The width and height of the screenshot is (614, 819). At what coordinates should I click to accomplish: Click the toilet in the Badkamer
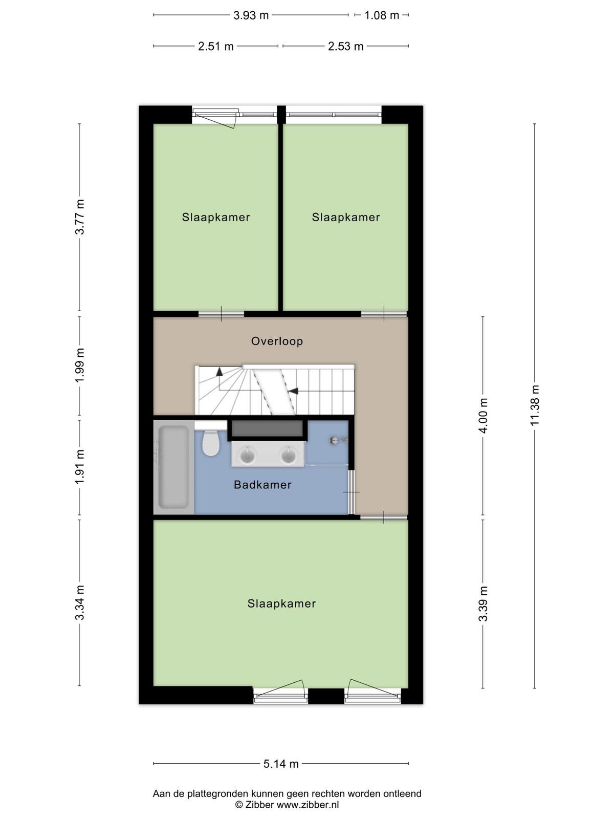(211, 442)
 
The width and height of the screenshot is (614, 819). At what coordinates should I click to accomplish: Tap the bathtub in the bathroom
(173, 467)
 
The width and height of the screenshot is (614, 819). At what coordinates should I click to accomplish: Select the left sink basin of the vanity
(247, 455)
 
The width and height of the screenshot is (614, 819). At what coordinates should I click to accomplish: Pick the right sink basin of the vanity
(288, 455)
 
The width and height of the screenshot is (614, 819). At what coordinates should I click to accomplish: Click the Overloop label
(277, 341)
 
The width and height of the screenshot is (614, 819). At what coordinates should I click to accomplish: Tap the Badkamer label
(262, 485)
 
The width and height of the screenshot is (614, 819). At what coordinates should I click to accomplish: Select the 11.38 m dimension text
(535, 405)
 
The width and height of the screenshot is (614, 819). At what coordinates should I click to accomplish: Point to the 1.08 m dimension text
(382, 15)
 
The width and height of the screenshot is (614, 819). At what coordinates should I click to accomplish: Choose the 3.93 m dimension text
(251, 15)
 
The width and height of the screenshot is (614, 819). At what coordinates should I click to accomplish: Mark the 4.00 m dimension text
(483, 416)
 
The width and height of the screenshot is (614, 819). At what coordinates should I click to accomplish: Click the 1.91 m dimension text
(80, 467)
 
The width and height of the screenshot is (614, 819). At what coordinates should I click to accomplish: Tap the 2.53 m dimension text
(345, 46)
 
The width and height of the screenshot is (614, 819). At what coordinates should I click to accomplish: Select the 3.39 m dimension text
(483, 604)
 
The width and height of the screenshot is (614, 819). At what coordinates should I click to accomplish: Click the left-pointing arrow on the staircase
(293, 391)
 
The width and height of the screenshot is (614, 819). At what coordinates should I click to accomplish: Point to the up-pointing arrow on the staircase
(219, 372)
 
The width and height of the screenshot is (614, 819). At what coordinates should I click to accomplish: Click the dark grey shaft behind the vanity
(267, 428)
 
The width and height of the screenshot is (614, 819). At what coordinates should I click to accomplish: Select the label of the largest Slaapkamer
(281, 604)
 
